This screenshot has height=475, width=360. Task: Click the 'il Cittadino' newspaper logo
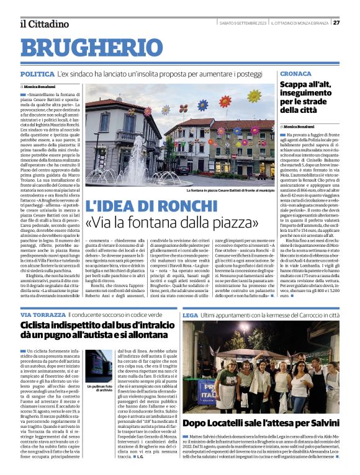tap(43, 24)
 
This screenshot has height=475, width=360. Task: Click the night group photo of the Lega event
tap(261, 369)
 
